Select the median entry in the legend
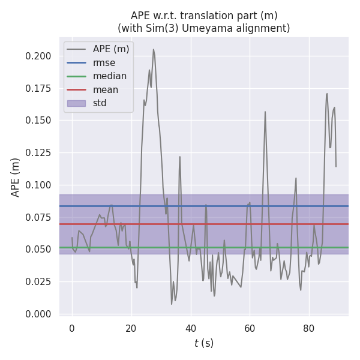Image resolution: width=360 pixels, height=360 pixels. pyautogui.click(x=109, y=76)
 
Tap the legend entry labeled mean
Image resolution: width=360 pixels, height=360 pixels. pyautogui.click(x=106, y=89)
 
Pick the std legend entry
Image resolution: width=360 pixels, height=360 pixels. pyautogui.click(x=100, y=103)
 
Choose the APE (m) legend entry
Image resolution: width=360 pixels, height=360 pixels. pyautogui.click(x=110, y=49)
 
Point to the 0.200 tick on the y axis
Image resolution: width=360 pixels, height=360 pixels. pyautogui.click(x=38, y=56)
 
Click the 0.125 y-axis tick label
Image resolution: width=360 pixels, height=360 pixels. pyautogui.click(x=38, y=152)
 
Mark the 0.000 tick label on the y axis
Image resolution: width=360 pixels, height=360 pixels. pyautogui.click(x=38, y=314)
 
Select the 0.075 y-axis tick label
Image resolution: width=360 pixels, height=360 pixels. pyautogui.click(x=38, y=217)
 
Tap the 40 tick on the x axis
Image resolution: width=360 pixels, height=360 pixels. pyautogui.click(x=190, y=328)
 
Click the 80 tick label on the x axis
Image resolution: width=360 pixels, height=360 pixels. pyautogui.click(x=308, y=328)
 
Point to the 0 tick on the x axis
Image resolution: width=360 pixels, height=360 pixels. pyautogui.click(x=72, y=328)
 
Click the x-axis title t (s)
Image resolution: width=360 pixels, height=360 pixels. pyautogui.click(x=204, y=343)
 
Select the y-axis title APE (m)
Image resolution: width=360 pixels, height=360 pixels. pyautogui.click(x=16, y=177)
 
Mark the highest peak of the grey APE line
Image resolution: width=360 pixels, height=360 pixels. pyautogui.click(x=154, y=49)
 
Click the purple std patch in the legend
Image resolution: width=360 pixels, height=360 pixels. pyautogui.click(x=76, y=103)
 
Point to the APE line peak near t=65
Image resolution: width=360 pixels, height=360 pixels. pyautogui.click(x=265, y=112)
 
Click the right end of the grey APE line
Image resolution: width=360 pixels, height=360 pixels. pyautogui.click(x=336, y=166)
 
